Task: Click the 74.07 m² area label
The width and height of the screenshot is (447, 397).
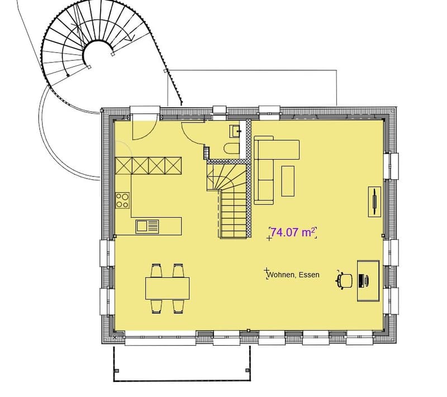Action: (293, 232)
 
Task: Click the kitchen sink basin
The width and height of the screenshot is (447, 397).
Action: (141, 226)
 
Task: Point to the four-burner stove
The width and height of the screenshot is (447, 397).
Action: (122, 200)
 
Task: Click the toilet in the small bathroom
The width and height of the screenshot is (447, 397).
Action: (232, 149)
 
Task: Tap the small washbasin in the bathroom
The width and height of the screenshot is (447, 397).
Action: (235, 131)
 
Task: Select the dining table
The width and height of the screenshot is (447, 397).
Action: (167, 288)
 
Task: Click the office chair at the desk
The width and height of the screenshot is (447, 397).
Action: (344, 280)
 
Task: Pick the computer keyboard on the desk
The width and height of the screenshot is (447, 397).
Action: (361, 280)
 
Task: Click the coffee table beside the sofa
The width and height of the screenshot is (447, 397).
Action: (288, 181)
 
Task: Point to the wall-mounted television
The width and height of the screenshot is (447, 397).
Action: (374, 202)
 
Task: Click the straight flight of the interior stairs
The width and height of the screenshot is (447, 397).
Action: (234, 214)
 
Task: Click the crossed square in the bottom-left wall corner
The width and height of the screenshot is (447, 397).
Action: (115, 338)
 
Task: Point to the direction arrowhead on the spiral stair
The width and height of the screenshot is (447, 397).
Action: (131, 37)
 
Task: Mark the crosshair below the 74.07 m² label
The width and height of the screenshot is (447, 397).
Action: (269, 238)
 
